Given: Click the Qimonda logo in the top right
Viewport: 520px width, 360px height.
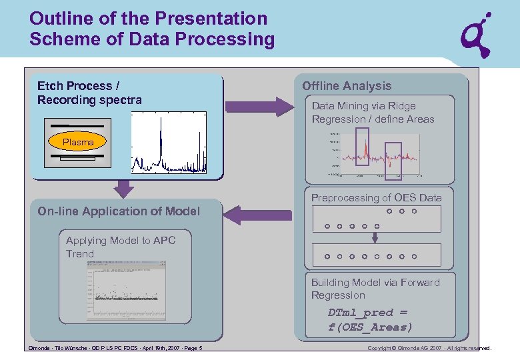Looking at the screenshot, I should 478,35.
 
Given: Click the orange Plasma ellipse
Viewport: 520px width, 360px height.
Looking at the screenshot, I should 78,142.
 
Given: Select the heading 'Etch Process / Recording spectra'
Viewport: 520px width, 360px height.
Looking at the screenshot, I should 89,93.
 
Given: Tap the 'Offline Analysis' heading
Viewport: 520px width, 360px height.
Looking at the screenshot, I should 347,86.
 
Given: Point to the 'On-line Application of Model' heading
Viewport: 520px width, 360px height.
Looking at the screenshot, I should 119,211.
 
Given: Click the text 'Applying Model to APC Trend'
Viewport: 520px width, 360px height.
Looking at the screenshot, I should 120,247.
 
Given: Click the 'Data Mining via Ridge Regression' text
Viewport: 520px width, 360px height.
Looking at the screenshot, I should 373,113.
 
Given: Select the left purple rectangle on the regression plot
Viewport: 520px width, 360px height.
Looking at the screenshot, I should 362,146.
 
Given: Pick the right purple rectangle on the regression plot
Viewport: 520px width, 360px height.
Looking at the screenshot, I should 394,161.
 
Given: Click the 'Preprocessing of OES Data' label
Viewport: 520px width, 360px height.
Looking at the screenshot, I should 376,198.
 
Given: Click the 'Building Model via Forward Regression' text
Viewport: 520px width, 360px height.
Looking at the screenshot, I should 375,289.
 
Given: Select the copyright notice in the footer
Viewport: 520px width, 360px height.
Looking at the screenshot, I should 429,348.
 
